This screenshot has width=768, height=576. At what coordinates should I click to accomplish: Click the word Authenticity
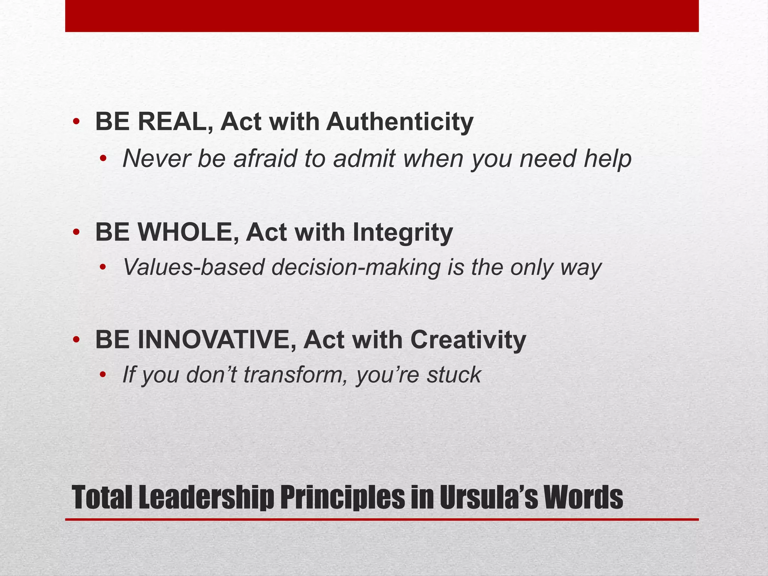(x=400, y=122)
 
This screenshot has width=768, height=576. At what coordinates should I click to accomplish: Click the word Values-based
(x=193, y=268)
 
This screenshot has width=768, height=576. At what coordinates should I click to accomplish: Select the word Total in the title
(x=102, y=497)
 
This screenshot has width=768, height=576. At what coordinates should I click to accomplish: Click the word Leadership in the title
(x=205, y=498)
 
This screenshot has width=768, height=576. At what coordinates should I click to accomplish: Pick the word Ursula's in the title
(x=483, y=497)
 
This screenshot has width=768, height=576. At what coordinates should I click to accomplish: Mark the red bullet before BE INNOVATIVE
(x=76, y=340)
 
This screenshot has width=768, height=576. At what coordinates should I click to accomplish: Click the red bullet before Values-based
(x=103, y=268)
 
